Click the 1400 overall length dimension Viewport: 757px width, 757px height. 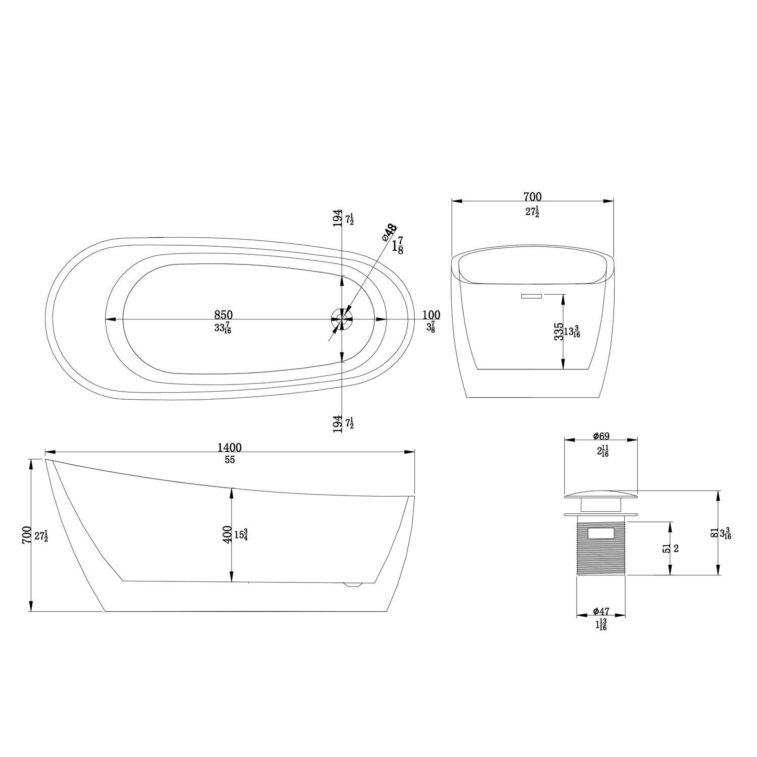(230, 448)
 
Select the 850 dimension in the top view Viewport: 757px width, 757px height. (223, 315)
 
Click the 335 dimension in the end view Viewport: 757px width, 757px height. (558, 332)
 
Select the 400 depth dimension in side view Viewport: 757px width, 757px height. (227, 534)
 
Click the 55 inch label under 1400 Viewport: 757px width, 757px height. (230, 460)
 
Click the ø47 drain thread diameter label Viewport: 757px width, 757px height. (601, 612)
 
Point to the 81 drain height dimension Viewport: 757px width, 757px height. (714, 532)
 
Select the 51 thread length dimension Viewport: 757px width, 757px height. (667, 549)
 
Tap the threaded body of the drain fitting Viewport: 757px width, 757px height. (601, 555)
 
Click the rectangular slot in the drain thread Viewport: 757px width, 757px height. (601, 532)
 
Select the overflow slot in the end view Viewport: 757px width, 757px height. (531, 297)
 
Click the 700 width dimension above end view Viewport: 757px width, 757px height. (532, 197)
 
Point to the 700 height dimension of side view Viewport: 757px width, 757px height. (27, 535)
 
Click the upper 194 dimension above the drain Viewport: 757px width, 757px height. (338, 220)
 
